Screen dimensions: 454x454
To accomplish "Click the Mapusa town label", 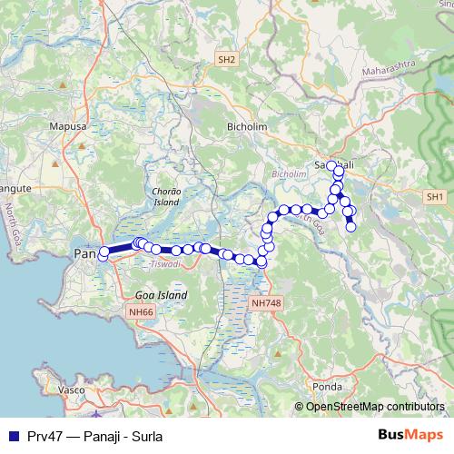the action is click(67, 127).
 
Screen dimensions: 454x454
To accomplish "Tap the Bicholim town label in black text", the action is click(247, 127).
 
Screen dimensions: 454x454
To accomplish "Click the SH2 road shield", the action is click(226, 60).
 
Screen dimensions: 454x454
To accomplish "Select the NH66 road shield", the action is click(141, 311).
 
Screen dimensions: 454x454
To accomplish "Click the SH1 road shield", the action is click(436, 196).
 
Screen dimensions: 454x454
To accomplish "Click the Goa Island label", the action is click(161, 295).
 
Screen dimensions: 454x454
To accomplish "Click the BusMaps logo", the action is click(410, 434).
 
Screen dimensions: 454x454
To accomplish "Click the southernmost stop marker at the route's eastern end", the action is click(351, 227).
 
